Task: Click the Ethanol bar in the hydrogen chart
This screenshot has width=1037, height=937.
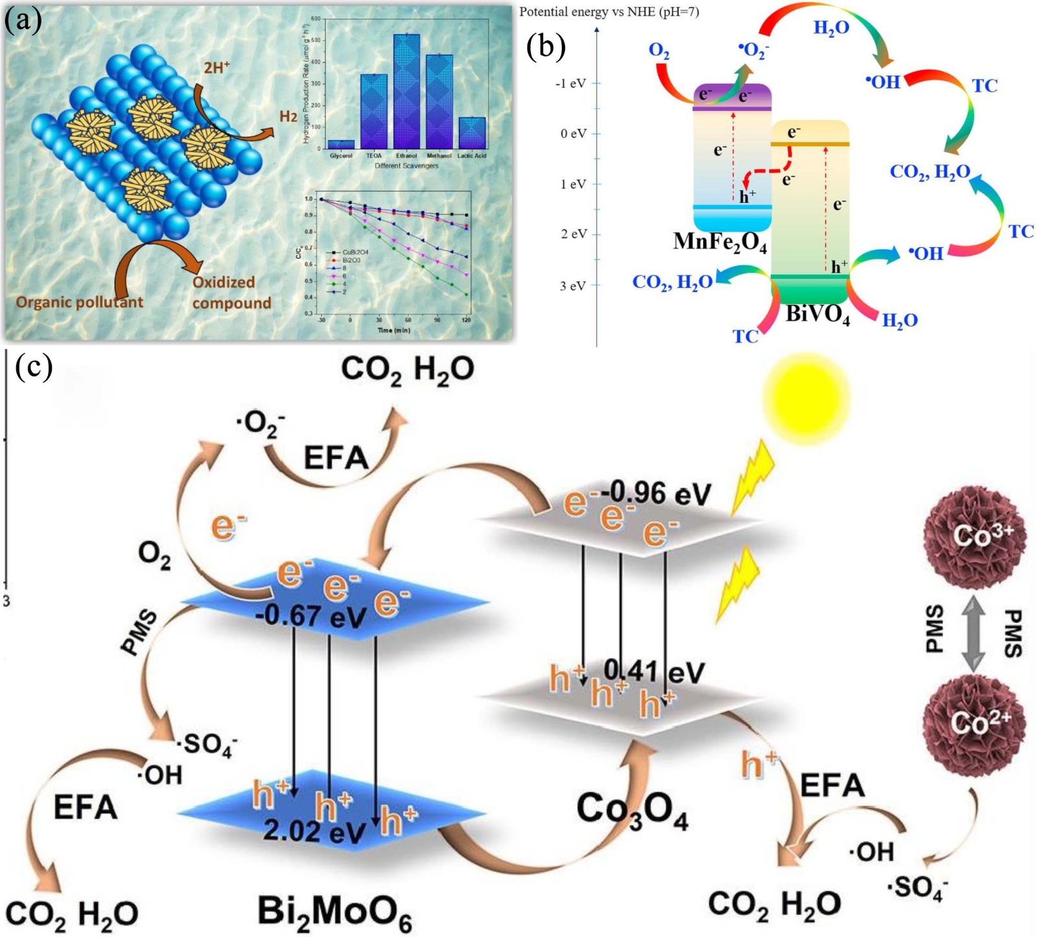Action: (x=406, y=91)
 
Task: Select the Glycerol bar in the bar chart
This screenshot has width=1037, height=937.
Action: (x=341, y=145)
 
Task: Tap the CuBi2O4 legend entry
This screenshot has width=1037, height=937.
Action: (x=355, y=252)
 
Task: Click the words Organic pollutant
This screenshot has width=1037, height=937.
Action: (x=79, y=302)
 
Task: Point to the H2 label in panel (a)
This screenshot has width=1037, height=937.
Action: (x=288, y=117)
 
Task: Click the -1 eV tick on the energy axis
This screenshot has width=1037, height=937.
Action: (x=571, y=84)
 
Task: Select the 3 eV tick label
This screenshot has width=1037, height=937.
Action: (x=572, y=285)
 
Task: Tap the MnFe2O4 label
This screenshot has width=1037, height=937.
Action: (x=720, y=243)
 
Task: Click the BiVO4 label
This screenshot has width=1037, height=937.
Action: (x=817, y=314)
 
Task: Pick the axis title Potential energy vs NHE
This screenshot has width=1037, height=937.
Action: (x=609, y=12)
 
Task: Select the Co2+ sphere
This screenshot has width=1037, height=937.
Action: (x=975, y=724)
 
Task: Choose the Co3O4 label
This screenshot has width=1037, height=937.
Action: (x=632, y=811)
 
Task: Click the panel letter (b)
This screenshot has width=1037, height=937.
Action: (x=546, y=47)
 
